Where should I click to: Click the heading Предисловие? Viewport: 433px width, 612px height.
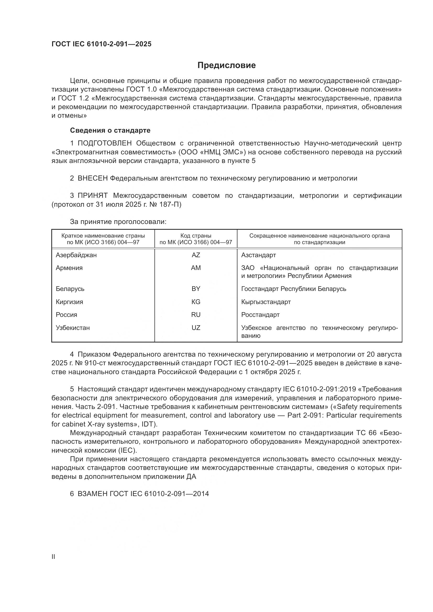point(226,65)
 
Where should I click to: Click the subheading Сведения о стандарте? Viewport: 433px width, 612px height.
point(110,130)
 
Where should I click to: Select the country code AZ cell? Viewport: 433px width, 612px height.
point(196,255)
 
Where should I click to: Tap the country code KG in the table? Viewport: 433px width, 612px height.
point(196,302)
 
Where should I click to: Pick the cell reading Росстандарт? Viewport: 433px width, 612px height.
point(260,315)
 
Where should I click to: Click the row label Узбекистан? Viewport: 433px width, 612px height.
point(73,328)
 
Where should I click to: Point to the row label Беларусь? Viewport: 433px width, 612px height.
point(70,289)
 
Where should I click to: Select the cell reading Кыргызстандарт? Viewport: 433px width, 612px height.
point(266,302)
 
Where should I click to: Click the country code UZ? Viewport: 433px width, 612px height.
point(196,328)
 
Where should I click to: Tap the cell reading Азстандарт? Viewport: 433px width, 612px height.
point(258,255)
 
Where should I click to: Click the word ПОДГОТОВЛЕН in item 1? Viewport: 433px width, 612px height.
point(104,143)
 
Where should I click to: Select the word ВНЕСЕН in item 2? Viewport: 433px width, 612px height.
point(92,178)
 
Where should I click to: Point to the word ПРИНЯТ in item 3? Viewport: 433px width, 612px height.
point(92,196)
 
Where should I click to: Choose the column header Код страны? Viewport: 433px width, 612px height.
point(196,236)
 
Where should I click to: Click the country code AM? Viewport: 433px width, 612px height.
point(196,268)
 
